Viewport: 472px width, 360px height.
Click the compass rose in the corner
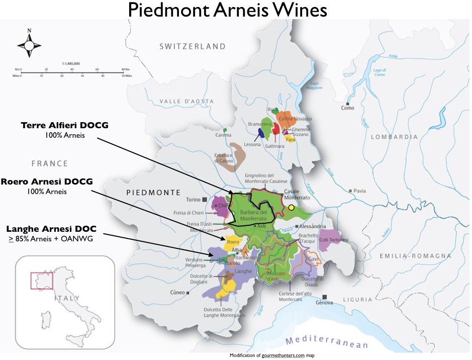click(29, 45)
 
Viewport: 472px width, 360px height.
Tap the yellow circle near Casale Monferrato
click(291, 207)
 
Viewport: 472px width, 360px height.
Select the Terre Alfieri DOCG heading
click(64, 125)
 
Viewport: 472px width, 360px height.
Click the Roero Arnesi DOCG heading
click(47, 182)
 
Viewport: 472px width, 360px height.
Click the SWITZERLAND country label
click(193, 46)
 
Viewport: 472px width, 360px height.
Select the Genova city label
click(324, 303)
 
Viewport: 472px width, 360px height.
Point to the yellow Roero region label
click(233, 242)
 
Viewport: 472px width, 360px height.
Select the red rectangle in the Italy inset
click(38, 281)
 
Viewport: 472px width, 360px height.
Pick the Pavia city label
click(359, 191)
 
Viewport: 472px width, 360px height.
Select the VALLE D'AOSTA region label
click(186, 102)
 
